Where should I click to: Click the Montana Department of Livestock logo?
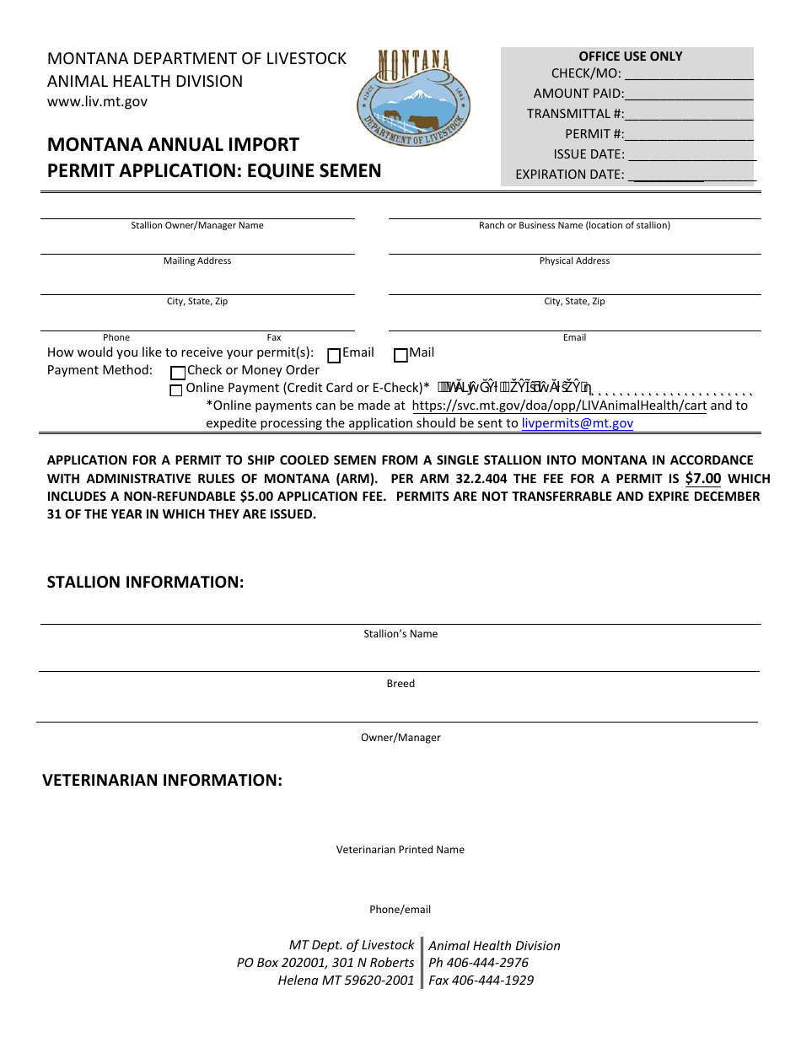point(413,97)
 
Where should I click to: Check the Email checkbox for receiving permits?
point(334,356)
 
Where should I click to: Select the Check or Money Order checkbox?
point(177,373)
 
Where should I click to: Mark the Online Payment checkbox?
point(176,390)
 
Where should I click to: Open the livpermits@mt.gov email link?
point(577,423)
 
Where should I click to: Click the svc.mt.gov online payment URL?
point(559,406)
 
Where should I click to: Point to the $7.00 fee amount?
point(702,479)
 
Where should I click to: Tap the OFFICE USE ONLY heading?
point(630,56)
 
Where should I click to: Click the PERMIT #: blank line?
point(690,136)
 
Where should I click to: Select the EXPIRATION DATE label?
point(570,175)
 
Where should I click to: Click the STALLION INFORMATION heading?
point(145,582)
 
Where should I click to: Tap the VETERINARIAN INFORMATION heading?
point(162,780)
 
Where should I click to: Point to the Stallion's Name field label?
point(400,634)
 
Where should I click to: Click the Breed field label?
point(400,684)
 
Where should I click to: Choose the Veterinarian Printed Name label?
point(400,850)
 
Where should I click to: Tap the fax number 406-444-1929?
point(492,981)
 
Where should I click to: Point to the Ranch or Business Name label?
point(574,225)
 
